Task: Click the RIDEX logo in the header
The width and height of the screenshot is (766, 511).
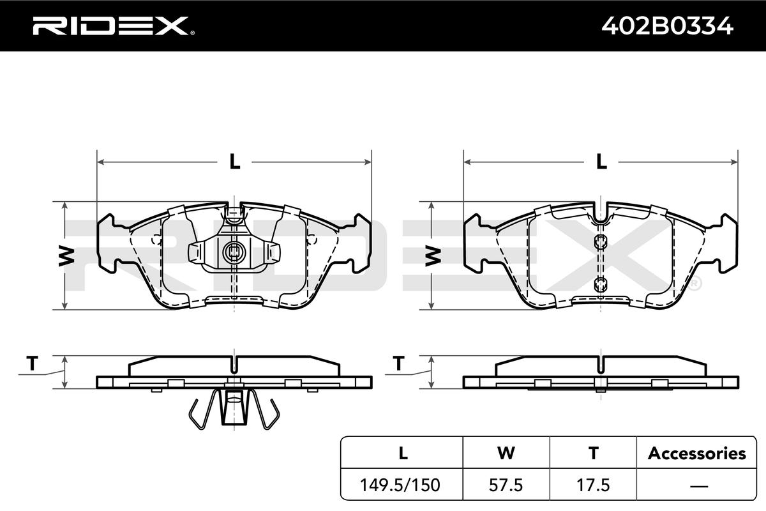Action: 114,26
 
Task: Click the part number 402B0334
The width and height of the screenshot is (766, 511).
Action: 667,26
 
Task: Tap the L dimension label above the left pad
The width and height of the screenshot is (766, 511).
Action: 235,161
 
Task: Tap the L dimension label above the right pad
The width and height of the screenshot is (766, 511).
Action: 601,161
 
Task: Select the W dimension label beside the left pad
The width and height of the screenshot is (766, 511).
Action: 66,256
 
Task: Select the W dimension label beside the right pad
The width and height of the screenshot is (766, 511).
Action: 433,256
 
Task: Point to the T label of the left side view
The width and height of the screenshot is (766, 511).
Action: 32,363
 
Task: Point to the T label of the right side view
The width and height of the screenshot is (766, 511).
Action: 399,363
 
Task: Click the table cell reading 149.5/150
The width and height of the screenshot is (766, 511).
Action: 400,485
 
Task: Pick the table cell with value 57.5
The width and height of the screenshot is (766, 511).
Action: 506,485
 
